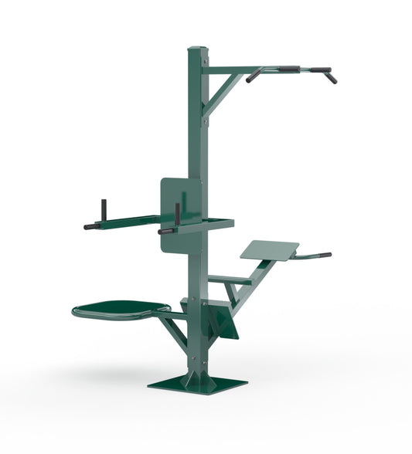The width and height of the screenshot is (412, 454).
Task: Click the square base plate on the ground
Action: (198, 385)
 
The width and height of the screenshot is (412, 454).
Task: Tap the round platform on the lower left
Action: (120, 310)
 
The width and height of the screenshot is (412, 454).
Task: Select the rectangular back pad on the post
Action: (182, 215)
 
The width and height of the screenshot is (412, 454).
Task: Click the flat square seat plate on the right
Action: (269, 249)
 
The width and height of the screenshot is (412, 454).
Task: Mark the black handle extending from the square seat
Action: (315, 255)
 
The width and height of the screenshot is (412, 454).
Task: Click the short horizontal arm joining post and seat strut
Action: (229, 280)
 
